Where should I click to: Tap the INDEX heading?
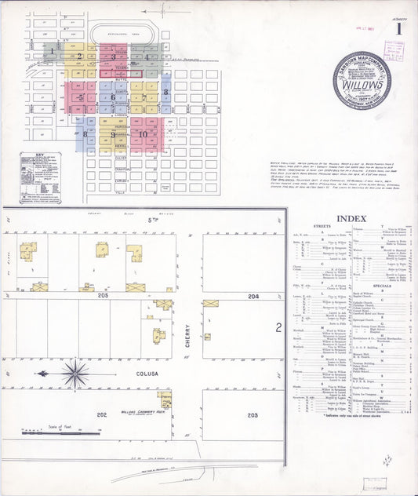351,217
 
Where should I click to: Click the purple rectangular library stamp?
394,51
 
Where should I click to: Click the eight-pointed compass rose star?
75,373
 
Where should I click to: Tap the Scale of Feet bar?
61,431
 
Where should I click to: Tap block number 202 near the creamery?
101,413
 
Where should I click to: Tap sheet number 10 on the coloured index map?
143,133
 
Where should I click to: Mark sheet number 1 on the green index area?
53,53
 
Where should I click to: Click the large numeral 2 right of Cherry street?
278,327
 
